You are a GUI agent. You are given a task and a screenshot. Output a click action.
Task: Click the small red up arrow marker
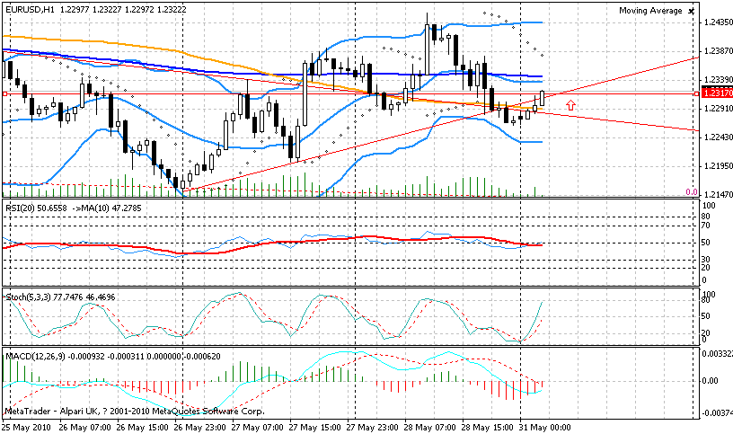coord(570,105)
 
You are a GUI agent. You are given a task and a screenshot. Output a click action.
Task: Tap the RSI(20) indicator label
coord(22,208)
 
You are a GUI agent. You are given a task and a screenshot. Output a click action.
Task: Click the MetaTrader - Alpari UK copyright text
coord(135,411)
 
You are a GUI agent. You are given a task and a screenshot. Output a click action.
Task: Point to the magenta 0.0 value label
coord(691,192)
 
